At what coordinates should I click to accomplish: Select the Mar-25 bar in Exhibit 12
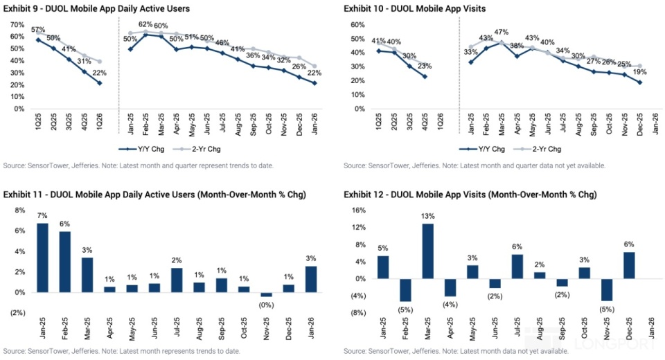(427, 251)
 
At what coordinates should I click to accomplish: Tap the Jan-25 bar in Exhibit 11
(43, 258)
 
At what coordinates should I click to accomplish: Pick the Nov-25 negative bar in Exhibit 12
(608, 290)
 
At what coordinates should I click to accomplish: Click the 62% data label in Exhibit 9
(145, 25)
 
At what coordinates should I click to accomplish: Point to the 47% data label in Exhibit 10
(501, 32)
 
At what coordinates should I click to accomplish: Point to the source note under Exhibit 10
(474, 166)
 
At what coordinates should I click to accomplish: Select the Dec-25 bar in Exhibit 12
(628, 265)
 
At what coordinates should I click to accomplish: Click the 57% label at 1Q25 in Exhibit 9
(38, 30)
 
